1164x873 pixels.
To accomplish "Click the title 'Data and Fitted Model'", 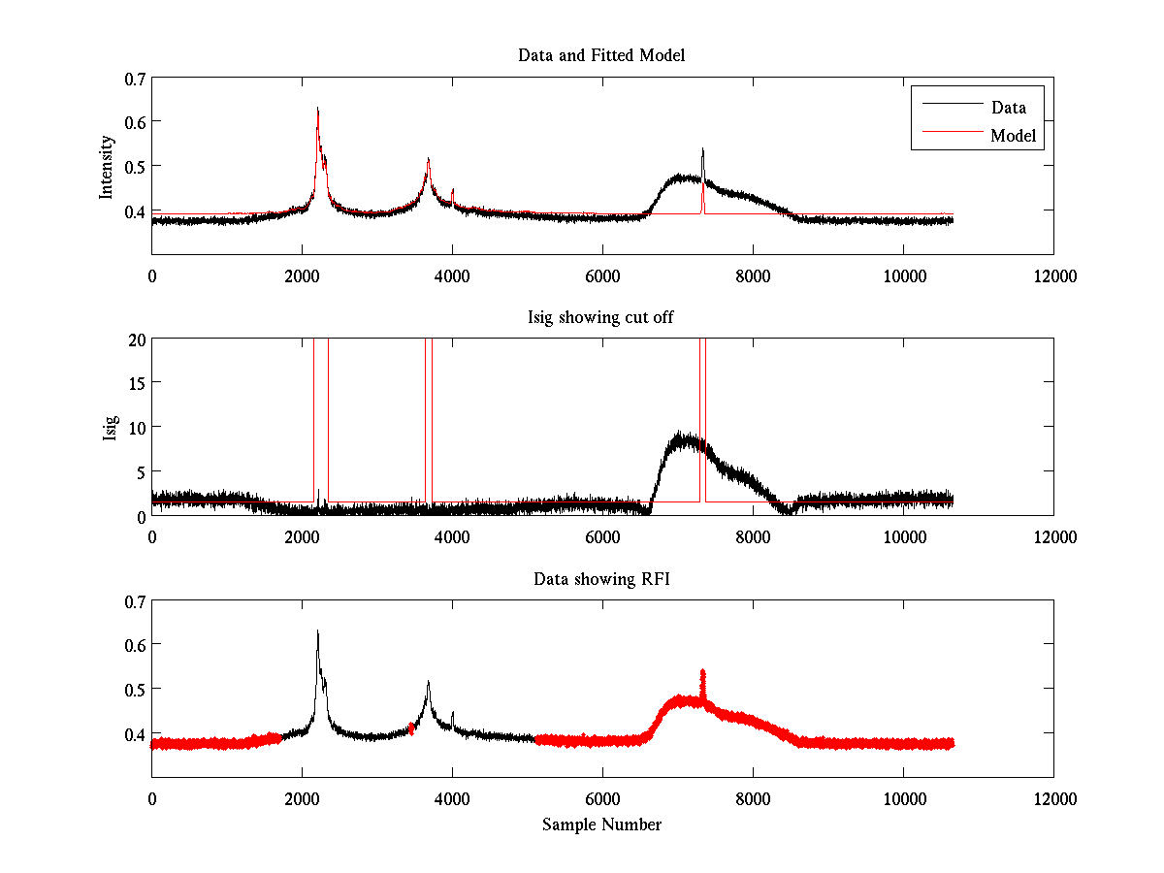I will (x=601, y=55).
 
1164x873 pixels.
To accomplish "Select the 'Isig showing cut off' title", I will (x=601, y=317).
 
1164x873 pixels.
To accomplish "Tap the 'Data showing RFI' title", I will (x=601, y=579).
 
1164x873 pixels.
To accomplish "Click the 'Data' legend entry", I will (x=1008, y=108).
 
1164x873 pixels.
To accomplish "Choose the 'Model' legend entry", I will (x=1014, y=136).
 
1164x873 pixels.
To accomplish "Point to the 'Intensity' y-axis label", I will (x=108, y=167).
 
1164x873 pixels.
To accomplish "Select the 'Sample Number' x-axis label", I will (x=601, y=824).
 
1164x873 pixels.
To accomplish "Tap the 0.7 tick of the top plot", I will (x=135, y=78).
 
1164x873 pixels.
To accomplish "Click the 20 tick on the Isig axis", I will (x=137, y=339).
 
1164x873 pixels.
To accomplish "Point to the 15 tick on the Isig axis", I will (x=137, y=383).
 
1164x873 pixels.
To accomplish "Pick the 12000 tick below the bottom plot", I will (x=1053, y=798).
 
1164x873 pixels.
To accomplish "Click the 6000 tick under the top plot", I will (x=602, y=275).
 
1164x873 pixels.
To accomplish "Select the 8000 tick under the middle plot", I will (x=753, y=536).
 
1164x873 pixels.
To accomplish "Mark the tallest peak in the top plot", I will (x=317, y=110).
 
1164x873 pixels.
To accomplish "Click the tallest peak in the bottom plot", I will (x=317, y=632).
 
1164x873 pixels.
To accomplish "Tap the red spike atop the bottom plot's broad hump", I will (x=702, y=672).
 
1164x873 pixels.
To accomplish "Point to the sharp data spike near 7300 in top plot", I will (x=702, y=150).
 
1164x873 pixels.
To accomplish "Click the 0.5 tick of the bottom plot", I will (x=135, y=689).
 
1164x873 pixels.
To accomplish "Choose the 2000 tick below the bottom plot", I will (x=302, y=798).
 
